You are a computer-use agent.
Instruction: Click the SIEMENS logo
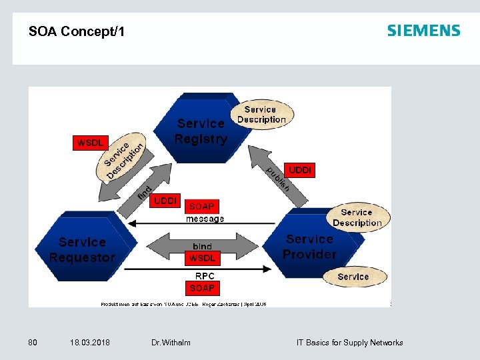point(423,31)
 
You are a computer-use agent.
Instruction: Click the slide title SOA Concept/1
point(77,31)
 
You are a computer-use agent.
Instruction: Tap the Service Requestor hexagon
point(81,250)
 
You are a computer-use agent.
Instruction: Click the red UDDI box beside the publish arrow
point(300,170)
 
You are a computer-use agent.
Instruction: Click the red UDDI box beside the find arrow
point(165,201)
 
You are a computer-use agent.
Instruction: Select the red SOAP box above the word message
point(202,207)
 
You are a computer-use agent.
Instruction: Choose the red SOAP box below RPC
point(202,288)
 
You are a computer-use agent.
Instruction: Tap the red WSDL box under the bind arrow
point(202,258)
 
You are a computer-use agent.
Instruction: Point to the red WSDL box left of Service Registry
point(90,143)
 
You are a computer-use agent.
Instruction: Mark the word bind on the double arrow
point(202,247)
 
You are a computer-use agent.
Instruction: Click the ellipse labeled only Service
point(353,276)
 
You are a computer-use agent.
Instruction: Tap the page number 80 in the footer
point(33,343)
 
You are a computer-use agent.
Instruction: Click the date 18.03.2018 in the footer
point(90,343)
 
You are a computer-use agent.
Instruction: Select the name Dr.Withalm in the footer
point(171,343)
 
